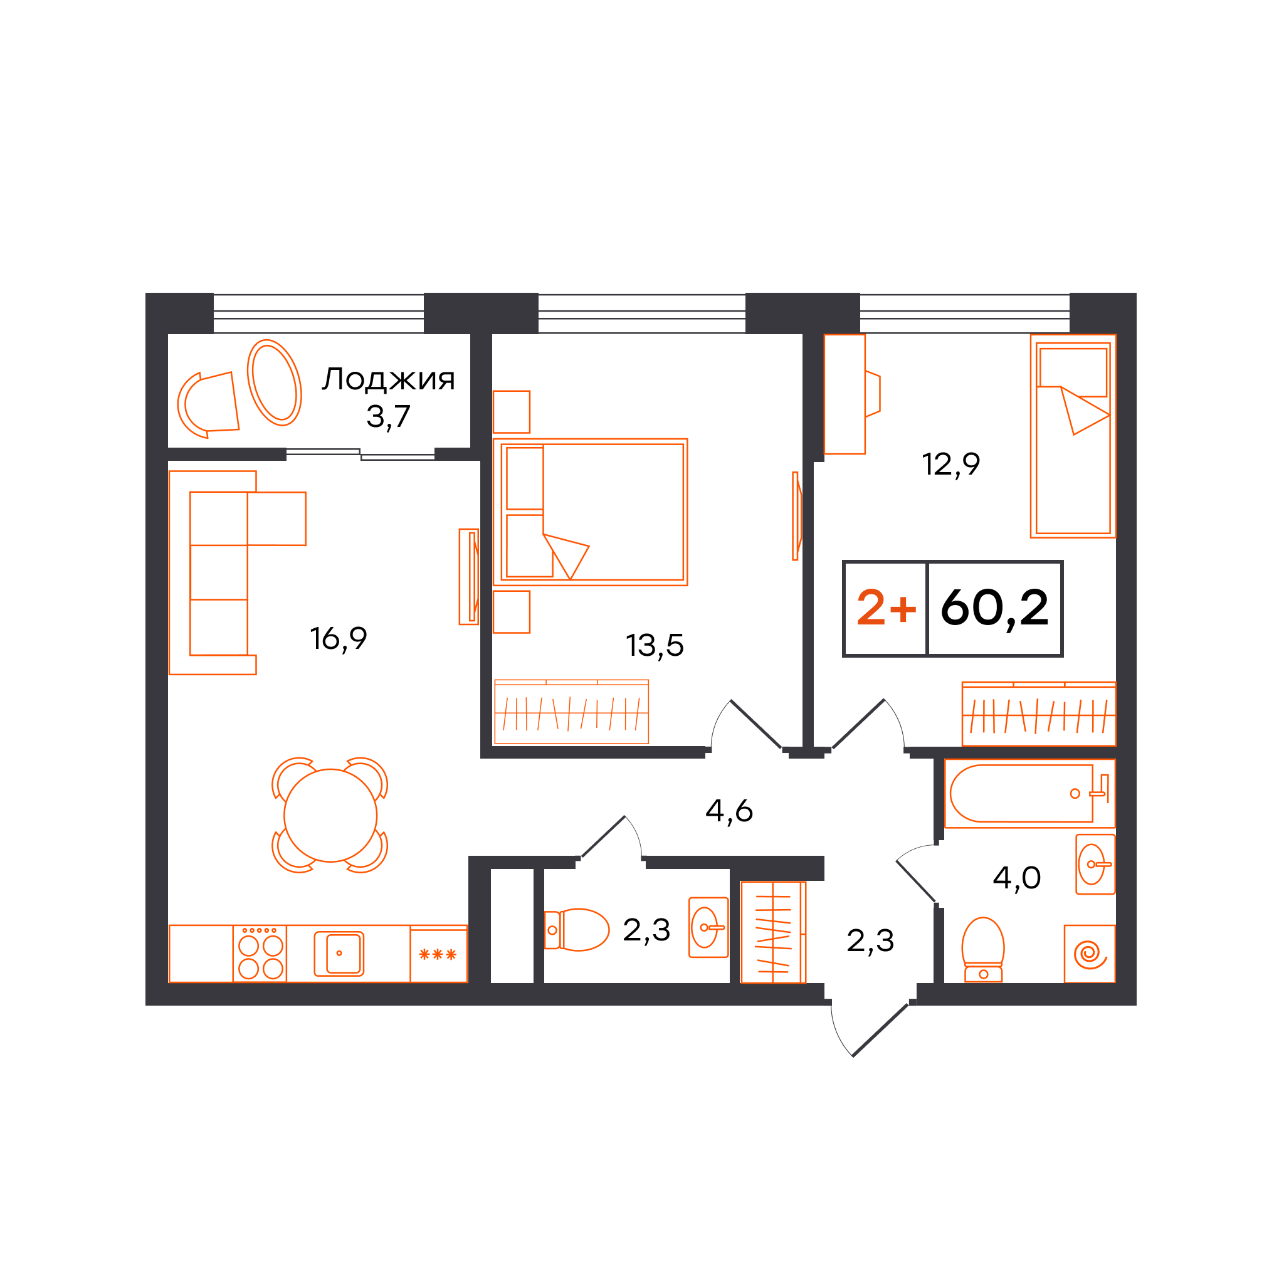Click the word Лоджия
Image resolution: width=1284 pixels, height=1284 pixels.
point(389,380)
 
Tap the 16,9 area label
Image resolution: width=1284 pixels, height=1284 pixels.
point(339,639)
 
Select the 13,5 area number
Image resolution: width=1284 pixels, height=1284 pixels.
point(655,645)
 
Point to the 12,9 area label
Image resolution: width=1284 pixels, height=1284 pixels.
point(950,464)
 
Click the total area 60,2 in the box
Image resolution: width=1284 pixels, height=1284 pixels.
point(995,608)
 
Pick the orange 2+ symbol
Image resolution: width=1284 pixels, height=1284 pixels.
point(886,608)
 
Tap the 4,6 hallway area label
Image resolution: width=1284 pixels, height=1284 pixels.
point(729,811)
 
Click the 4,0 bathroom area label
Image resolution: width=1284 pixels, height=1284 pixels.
point(1017,878)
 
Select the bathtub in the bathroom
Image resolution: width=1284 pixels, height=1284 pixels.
point(1029,794)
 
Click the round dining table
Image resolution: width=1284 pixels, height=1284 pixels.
point(330,816)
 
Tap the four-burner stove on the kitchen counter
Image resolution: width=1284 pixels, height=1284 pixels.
point(260,953)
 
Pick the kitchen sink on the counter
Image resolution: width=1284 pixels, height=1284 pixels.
point(339,954)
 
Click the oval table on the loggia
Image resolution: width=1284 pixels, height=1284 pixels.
point(275,383)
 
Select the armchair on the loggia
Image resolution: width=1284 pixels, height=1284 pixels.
point(208,405)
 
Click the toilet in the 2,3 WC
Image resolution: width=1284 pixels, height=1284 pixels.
point(576,930)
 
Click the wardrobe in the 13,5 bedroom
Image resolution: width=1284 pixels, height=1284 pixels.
point(572,712)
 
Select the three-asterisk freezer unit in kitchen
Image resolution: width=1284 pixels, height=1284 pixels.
point(439,954)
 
